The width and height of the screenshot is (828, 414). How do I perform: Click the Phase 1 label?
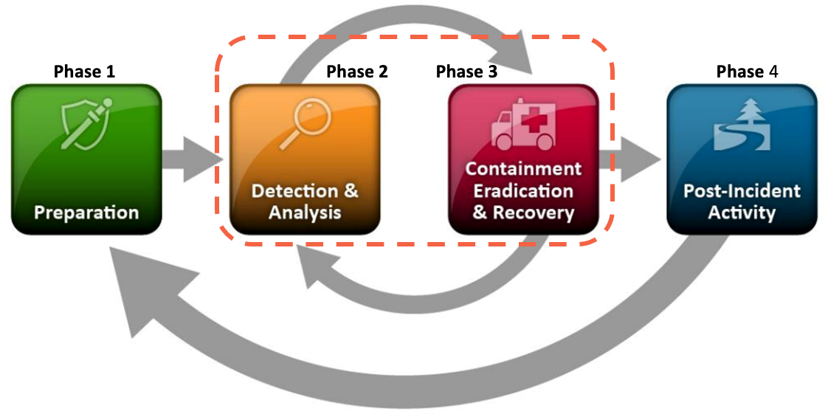[x=84, y=72]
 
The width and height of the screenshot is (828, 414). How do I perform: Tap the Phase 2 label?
[x=356, y=72]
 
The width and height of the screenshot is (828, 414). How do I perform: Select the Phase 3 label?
[x=466, y=72]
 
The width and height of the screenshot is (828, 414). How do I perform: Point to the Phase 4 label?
[x=747, y=72]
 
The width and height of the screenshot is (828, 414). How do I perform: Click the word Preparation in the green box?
[x=86, y=213]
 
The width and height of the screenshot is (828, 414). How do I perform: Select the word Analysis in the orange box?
[x=305, y=213]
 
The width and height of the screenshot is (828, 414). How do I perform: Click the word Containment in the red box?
[x=523, y=168]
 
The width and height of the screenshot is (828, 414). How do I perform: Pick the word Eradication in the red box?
[x=523, y=191]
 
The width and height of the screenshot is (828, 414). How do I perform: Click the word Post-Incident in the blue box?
[x=742, y=190]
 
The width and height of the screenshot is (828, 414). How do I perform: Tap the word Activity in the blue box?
[x=742, y=213]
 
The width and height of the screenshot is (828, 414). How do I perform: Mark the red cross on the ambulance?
[x=539, y=117]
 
